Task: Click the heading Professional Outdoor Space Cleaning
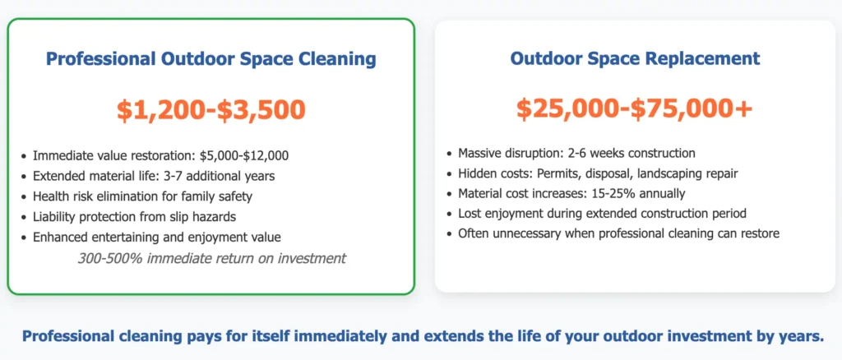click(210, 59)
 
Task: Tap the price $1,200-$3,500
click(210, 108)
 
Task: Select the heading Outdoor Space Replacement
click(635, 59)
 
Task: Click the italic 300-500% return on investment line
click(211, 258)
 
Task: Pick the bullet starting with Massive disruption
click(576, 153)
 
